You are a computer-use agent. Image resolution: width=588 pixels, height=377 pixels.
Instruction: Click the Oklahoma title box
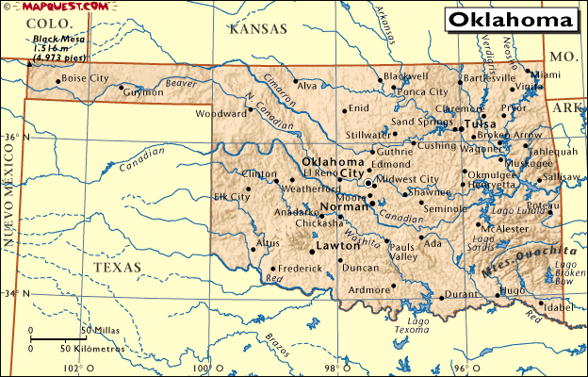pyautogui.click(x=510, y=20)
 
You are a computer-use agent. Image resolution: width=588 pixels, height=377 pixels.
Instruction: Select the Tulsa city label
pyautogui.click(x=480, y=124)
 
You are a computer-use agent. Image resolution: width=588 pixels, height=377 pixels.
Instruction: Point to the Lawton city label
pyautogui.click(x=337, y=245)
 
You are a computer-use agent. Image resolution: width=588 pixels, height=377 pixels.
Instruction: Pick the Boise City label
pyautogui.click(x=85, y=78)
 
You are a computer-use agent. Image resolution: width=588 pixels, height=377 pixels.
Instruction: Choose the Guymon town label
pyautogui.click(x=143, y=92)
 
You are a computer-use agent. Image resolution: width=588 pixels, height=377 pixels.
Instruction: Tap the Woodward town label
pyautogui.click(x=220, y=114)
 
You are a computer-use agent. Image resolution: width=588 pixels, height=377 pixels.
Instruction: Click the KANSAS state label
pyautogui.click(x=258, y=30)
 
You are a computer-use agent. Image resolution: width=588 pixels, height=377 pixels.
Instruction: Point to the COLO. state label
pyautogui.click(x=39, y=23)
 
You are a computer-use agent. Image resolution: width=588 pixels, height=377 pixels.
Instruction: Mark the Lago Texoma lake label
pyautogui.click(x=417, y=327)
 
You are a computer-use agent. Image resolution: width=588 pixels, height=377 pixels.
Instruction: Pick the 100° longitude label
pyautogui.click(x=202, y=368)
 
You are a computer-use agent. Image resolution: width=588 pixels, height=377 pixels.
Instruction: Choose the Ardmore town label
pyautogui.click(x=368, y=290)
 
